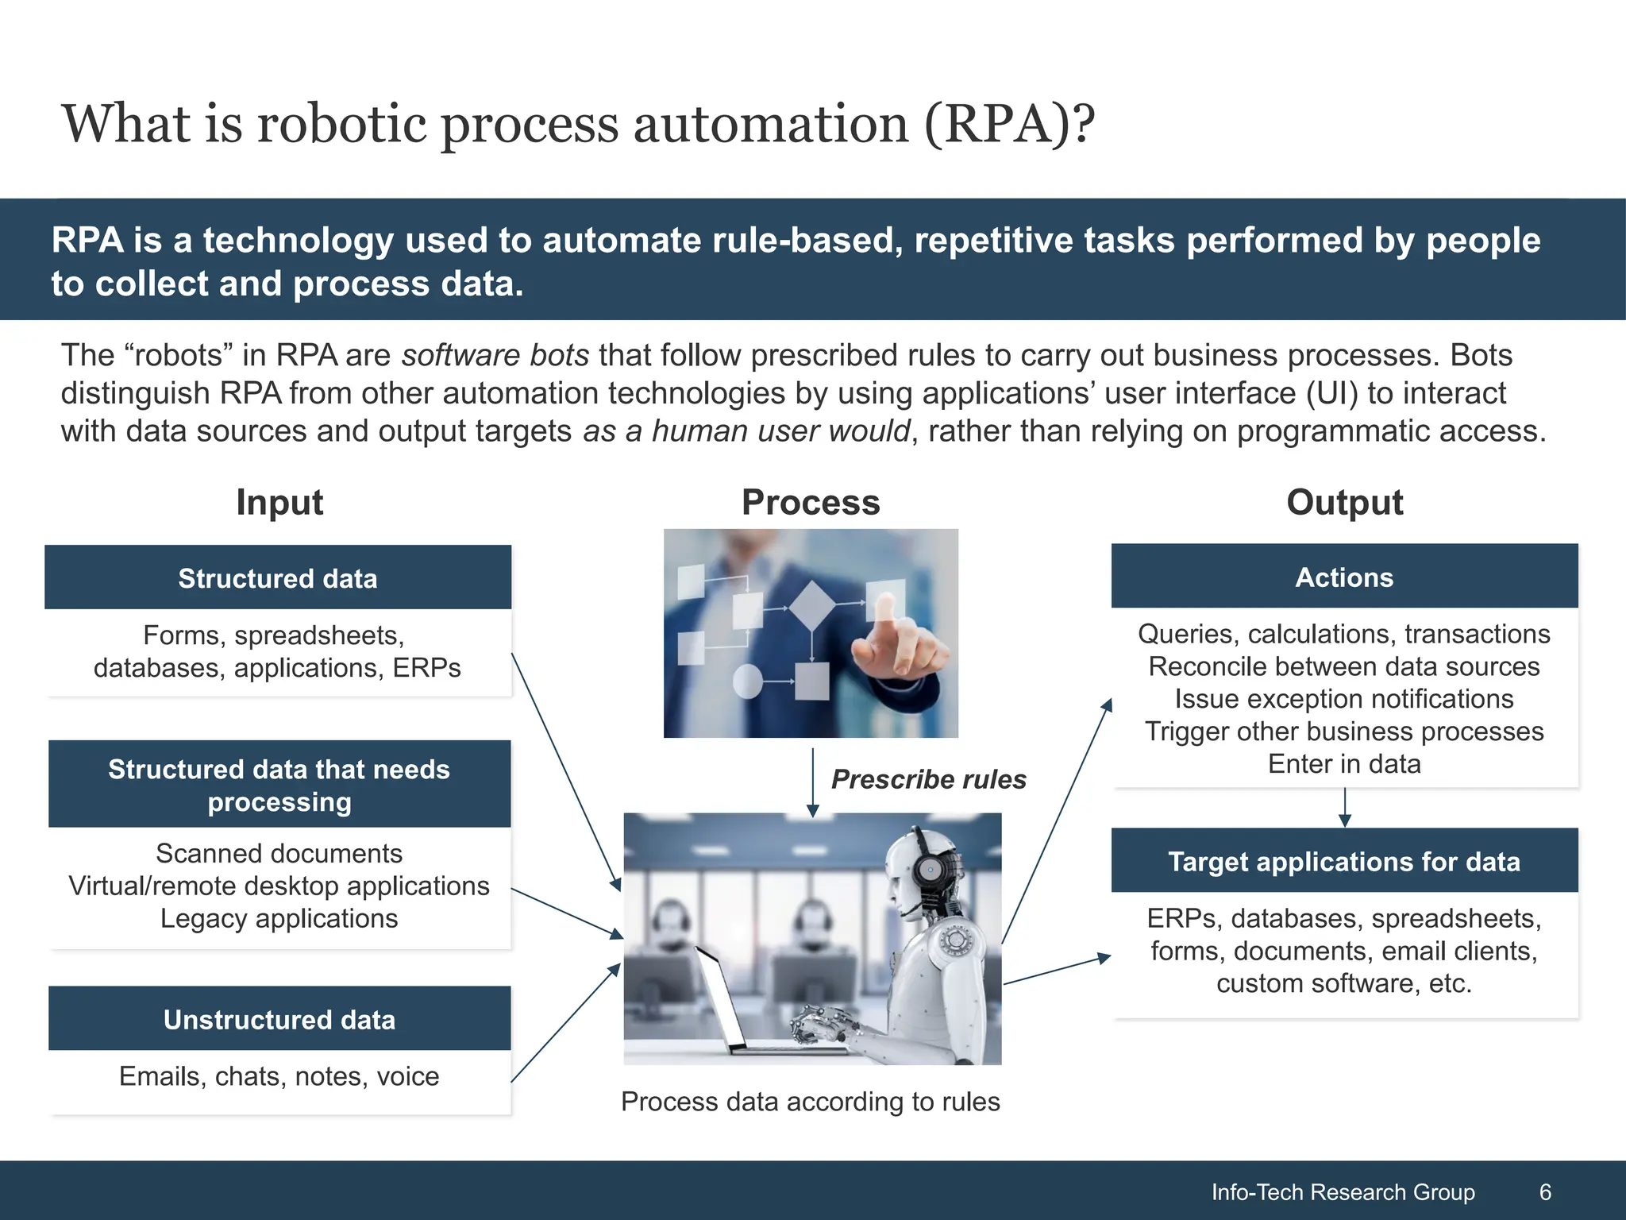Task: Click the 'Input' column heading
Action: [279, 503]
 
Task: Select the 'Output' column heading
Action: [1344, 503]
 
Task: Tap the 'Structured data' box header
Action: [278, 578]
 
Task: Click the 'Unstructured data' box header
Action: [279, 1019]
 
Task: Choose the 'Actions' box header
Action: [1344, 577]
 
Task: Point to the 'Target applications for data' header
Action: [1344, 862]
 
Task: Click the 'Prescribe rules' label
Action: [928, 779]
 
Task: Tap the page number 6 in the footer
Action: [1545, 1191]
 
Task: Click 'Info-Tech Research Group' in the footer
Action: [1343, 1191]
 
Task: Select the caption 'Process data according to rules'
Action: [810, 1102]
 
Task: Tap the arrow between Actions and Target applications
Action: [1344, 809]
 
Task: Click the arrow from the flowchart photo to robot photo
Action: [812, 782]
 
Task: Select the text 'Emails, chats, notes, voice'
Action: [279, 1076]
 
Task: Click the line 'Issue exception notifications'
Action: [1344, 699]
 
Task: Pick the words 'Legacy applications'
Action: [279, 919]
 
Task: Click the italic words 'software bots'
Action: [495, 355]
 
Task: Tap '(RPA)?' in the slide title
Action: [1008, 125]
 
